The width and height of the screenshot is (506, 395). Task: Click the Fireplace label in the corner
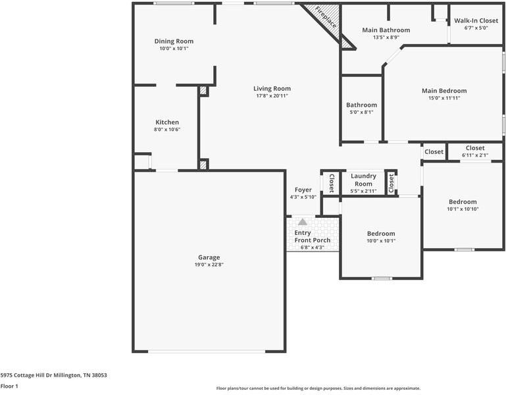tap(325, 18)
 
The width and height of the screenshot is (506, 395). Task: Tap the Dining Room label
tap(174, 41)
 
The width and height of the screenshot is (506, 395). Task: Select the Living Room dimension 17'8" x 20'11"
tap(272, 96)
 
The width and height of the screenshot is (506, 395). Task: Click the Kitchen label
tap(167, 122)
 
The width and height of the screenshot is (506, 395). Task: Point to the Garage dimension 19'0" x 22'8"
tap(209, 265)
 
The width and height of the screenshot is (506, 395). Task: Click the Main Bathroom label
tap(386, 30)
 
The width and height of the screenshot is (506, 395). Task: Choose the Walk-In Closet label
tap(476, 20)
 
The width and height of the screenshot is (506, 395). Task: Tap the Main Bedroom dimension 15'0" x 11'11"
tap(444, 98)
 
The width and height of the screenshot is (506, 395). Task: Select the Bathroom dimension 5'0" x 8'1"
tap(362, 112)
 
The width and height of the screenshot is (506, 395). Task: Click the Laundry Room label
tap(363, 179)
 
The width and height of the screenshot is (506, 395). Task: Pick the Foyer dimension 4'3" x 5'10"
tap(303, 197)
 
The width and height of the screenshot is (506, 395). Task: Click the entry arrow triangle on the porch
tap(303, 223)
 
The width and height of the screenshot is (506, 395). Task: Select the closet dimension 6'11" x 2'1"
tap(474, 155)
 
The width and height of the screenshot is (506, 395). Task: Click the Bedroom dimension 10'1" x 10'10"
tap(463, 209)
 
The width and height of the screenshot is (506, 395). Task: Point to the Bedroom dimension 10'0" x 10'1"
tap(381, 241)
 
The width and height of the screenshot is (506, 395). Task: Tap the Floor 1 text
tap(9, 386)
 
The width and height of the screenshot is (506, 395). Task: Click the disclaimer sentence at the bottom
tap(318, 388)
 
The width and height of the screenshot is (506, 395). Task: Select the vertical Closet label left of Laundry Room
tap(331, 182)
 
